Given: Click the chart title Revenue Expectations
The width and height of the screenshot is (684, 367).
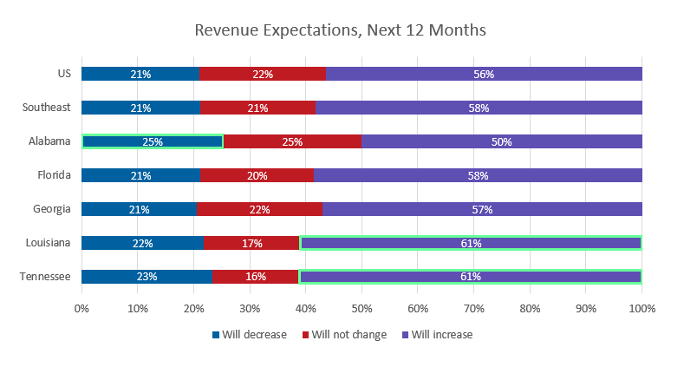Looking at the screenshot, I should (340, 30).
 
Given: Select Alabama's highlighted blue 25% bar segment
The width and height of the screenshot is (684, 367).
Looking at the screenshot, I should (153, 141).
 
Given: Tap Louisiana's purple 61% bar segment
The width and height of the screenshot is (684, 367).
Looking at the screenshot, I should (471, 243).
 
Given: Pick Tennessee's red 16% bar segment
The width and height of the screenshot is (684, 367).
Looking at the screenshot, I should (256, 277).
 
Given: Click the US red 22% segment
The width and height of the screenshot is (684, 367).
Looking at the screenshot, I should (262, 74).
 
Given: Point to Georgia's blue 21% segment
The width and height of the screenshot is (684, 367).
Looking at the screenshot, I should (140, 209).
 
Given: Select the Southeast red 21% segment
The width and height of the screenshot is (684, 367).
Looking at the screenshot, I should (257, 108).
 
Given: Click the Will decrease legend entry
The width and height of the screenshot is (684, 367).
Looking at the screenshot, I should (249, 334).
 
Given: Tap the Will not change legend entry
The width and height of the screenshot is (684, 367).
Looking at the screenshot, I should (344, 334).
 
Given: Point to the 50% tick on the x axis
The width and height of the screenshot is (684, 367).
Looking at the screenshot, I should (362, 308).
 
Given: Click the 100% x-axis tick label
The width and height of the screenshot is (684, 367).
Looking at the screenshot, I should (642, 308).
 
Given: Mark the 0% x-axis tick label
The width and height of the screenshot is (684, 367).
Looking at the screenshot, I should (81, 308).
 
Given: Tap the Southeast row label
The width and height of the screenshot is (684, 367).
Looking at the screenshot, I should (40, 108).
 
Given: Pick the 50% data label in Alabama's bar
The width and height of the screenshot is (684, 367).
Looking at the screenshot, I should (501, 141).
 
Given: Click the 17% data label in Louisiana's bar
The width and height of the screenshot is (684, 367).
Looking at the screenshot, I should (252, 244).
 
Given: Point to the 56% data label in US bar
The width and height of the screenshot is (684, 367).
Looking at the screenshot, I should (484, 75).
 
